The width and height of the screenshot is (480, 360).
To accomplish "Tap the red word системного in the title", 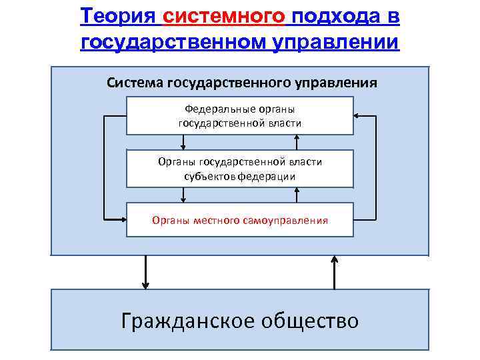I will (x=223, y=15).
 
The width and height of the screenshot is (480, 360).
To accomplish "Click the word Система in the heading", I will (x=135, y=83).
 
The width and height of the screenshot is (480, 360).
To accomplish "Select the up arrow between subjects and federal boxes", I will (x=296, y=142).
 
